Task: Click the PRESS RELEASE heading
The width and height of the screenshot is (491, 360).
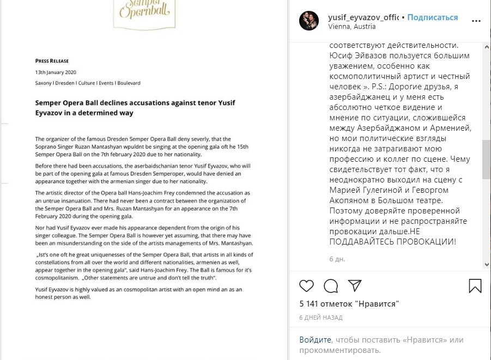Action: coord(52,61)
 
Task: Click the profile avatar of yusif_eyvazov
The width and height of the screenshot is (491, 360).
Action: coord(309,21)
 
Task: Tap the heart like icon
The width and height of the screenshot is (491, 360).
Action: coord(307,285)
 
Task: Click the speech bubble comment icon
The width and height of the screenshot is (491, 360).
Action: coord(331,285)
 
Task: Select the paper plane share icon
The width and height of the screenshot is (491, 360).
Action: coord(355,285)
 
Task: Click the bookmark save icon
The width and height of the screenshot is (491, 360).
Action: coord(475,285)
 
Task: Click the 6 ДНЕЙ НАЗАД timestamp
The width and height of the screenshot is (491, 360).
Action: coord(321,317)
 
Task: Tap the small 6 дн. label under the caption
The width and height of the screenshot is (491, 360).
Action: coord(337,259)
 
